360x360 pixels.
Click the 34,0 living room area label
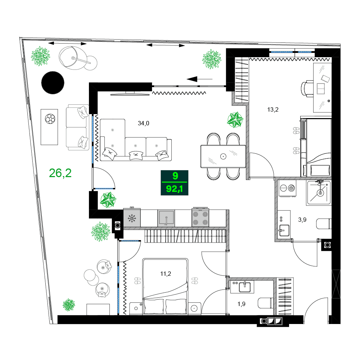click(x=143, y=123)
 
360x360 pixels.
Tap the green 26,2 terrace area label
click(x=60, y=174)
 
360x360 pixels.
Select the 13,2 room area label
click(x=273, y=110)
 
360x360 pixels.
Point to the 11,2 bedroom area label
click(x=165, y=274)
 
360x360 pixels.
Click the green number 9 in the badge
click(x=175, y=176)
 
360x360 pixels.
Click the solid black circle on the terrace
click(x=53, y=83)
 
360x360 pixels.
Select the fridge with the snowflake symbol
click(x=131, y=219)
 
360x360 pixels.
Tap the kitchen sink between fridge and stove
click(x=166, y=219)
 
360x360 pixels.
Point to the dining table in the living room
click(x=223, y=156)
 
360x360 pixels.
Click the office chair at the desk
click(x=307, y=87)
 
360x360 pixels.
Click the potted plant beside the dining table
click(x=235, y=120)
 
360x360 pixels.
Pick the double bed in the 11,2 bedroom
click(x=165, y=286)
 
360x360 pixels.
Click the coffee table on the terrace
click(x=49, y=127)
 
